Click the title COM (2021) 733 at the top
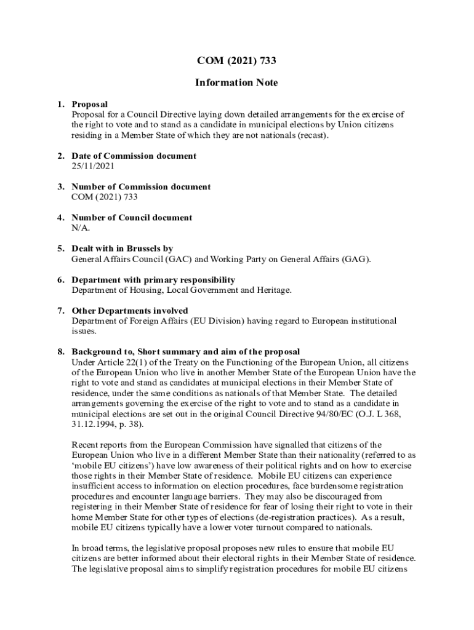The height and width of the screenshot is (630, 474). (237, 60)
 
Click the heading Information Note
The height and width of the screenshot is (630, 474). (237, 82)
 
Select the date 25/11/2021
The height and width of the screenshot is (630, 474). (93, 166)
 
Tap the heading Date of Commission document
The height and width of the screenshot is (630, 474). (134, 156)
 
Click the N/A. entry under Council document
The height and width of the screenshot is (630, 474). (81, 228)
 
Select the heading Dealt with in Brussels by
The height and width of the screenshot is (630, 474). (123, 249)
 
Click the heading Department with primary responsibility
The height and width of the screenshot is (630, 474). (153, 280)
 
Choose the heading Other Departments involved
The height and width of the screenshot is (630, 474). (130, 311)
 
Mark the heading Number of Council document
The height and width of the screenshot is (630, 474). (132, 218)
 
